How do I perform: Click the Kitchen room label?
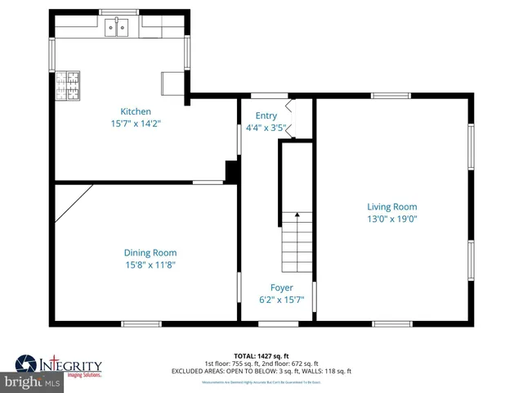tap(136, 111)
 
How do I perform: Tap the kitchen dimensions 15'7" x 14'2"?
tap(136, 124)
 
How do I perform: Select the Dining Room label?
tap(150, 253)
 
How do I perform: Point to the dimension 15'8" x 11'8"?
tap(150, 265)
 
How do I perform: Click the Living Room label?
tap(391, 207)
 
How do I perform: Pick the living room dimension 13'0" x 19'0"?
tap(391, 219)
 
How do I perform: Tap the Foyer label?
tap(281, 288)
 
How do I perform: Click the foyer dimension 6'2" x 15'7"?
tap(281, 300)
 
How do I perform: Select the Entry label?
tap(266, 116)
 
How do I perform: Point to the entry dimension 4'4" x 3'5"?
tap(266, 129)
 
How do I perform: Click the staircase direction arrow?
tap(297, 216)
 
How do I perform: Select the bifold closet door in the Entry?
tap(289, 117)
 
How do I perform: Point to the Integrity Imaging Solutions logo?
tap(59, 366)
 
